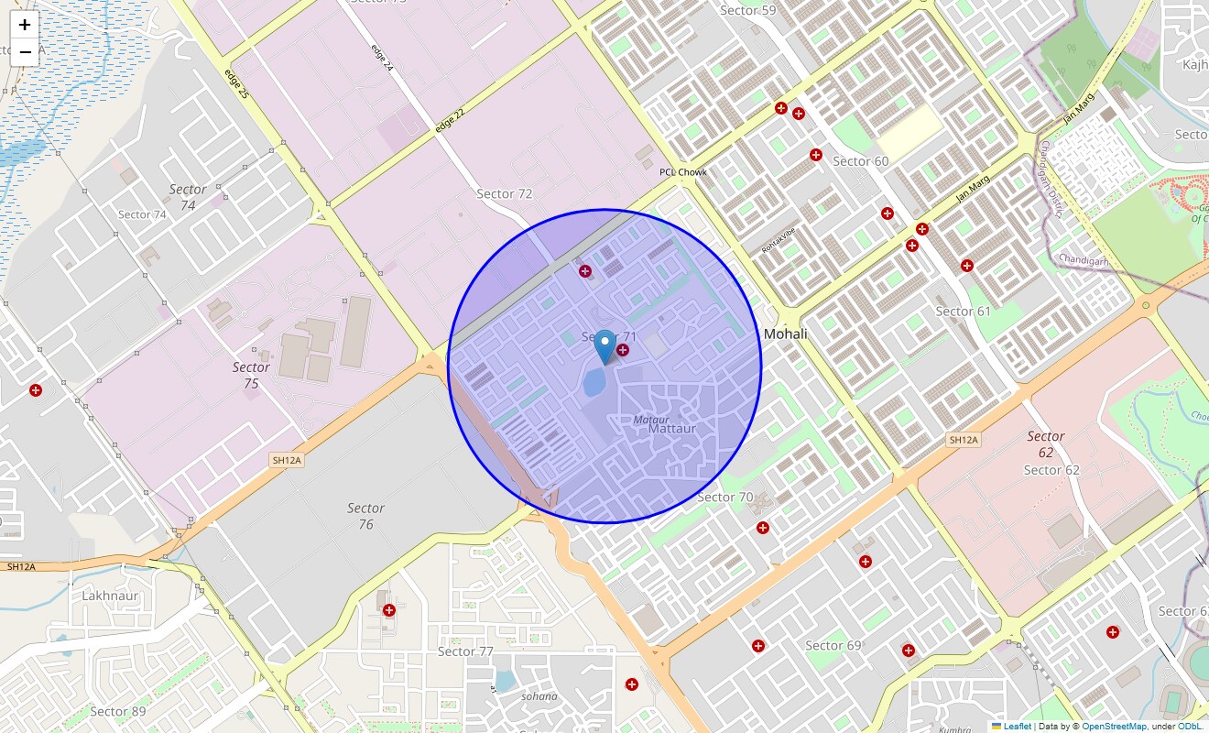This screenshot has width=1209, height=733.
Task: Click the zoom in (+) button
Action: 25,25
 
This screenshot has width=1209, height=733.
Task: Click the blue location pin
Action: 604,347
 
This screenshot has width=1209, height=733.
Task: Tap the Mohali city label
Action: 786,334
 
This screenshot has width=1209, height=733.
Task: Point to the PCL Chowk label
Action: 683,172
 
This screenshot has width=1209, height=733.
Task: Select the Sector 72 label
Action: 505,194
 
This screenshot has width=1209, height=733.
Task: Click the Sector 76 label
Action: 365,516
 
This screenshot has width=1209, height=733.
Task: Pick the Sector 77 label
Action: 465,652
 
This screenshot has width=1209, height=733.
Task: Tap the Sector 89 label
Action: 117,712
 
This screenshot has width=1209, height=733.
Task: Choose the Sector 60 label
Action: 860,161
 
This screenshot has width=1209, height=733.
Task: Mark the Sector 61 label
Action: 963,312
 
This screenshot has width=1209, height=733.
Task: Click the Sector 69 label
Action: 833,646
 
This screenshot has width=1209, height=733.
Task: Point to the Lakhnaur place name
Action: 110,596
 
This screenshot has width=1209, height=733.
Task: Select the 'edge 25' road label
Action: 236,84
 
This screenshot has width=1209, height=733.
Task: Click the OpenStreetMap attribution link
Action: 1114,727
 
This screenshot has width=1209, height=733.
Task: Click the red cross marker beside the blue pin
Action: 623,350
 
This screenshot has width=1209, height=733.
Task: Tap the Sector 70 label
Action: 724,498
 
